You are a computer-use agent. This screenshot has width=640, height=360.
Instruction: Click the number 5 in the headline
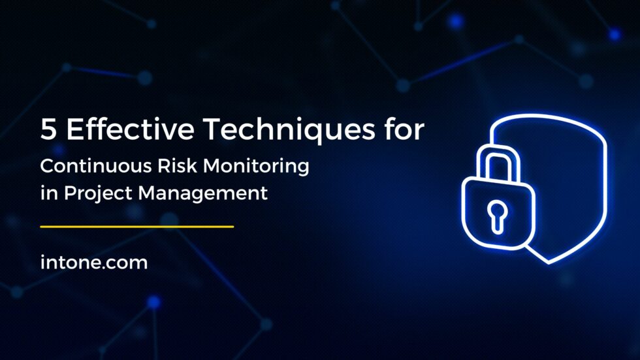click(x=48, y=130)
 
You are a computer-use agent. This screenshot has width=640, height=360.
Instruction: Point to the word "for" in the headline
click(x=403, y=130)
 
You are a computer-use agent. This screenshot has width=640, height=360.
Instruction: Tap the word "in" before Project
click(x=46, y=193)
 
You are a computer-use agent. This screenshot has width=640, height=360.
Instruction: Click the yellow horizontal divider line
click(x=137, y=227)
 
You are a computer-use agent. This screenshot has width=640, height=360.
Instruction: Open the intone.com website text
click(x=93, y=263)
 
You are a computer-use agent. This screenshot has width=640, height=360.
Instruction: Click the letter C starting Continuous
click(x=47, y=166)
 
